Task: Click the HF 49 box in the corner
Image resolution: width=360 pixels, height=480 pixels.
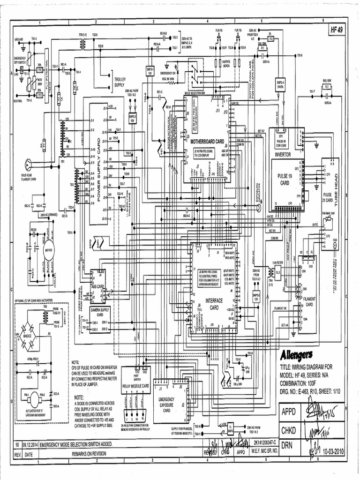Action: (337, 30)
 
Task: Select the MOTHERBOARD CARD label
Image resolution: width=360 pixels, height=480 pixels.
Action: (207, 141)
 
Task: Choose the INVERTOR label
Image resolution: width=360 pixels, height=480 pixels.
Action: (283, 154)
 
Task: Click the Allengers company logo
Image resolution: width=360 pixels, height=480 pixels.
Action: (297, 353)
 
